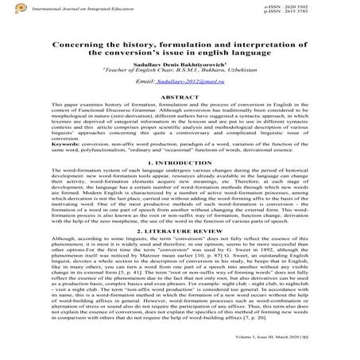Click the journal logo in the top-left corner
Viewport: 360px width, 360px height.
[x=9, y=10]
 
